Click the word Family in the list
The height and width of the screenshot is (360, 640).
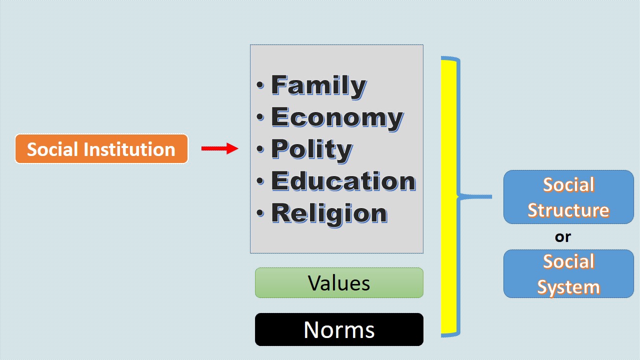point(318,85)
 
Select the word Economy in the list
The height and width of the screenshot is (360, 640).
point(337,117)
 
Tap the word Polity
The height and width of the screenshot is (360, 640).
point(311,149)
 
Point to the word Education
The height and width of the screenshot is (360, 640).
point(343,181)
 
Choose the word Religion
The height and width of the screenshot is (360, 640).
point(329,213)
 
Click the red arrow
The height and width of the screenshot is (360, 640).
point(219,148)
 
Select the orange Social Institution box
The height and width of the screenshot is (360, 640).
point(101,149)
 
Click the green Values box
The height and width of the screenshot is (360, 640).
point(339,283)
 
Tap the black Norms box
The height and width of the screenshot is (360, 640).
point(339,329)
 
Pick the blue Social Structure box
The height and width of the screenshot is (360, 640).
point(568,197)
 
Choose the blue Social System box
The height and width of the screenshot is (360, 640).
point(568,274)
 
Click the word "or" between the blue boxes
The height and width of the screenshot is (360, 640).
point(563,236)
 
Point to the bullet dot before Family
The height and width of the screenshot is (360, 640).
point(260,85)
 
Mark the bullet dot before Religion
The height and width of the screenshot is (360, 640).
point(260,213)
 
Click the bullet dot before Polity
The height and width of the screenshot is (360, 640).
point(260,149)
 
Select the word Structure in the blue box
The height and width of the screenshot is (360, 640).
point(568,210)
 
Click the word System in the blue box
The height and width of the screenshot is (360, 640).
point(568,287)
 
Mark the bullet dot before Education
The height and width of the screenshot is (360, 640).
point(260,181)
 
